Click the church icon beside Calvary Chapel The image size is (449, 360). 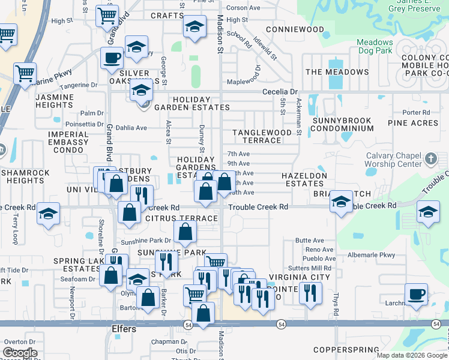pos(430,158)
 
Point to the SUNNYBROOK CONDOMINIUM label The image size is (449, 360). pos(343,124)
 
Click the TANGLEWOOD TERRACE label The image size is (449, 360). pos(258,136)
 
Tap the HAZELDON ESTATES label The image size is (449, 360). pos(304,179)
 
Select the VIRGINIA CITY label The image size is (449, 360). pos(299,277)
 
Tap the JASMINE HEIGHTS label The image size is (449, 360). pos(55,101)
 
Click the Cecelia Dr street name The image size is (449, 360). pos(280,92)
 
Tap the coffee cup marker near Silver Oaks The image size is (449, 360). pos(112,58)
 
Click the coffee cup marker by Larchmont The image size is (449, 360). pos(415,294)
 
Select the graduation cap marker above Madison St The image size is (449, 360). pos(194,27)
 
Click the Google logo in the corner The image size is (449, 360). pos(19,353)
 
